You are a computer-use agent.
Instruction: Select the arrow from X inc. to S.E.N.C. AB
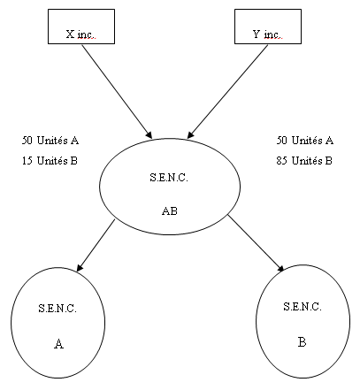117,91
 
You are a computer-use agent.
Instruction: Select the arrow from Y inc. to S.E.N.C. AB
227,91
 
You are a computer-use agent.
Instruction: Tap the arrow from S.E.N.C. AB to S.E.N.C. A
96,246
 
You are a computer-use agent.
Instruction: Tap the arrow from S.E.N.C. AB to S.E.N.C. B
256,243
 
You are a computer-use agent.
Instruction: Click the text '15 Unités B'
50,161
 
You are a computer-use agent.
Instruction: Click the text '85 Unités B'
304,161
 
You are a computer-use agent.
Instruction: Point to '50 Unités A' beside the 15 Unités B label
50,141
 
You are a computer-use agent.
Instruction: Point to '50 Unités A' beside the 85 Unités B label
305,141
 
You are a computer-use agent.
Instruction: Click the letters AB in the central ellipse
170,211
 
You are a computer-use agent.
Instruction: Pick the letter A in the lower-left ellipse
58,344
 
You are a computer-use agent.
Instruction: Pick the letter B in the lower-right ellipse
302,342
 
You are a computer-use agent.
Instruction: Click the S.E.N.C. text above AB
169,178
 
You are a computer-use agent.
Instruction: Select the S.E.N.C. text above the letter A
57,309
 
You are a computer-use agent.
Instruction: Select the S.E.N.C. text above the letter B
303,307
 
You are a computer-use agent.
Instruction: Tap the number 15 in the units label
27,161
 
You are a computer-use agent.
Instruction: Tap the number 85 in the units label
281,161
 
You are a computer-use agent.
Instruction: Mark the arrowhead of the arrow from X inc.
149,134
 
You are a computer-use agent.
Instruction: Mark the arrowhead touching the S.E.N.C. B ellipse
280,268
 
